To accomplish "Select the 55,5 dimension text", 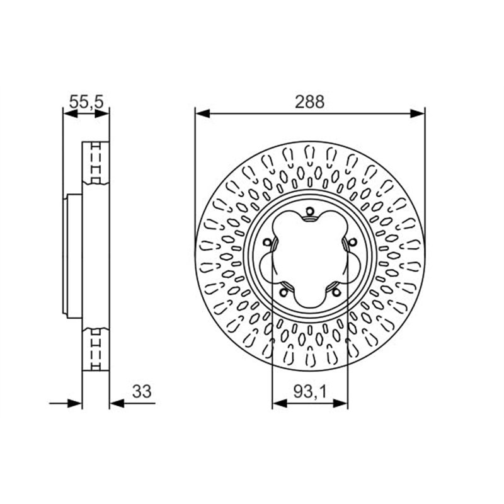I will click(x=86, y=101).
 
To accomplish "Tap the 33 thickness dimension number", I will click(x=142, y=391).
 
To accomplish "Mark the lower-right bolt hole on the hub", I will click(x=333, y=289).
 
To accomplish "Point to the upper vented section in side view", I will click(x=96, y=163).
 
